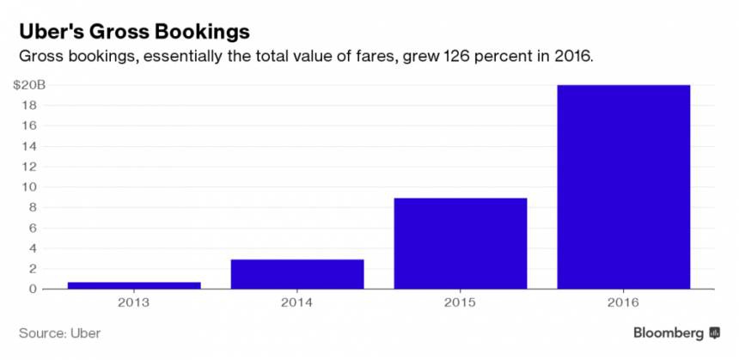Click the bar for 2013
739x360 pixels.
(x=134, y=285)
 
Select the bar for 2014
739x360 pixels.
(x=297, y=274)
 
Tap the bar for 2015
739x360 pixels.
(x=461, y=243)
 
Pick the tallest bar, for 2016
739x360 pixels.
(x=624, y=186)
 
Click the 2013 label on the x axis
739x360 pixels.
(x=134, y=302)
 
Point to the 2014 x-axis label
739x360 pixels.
(x=297, y=302)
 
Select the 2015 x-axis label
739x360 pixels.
(x=461, y=302)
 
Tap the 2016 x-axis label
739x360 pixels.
(x=624, y=302)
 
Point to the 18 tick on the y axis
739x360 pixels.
(x=32, y=106)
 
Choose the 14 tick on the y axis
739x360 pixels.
(x=32, y=146)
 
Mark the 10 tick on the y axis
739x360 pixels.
(x=32, y=187)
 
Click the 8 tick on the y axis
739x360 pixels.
(x=34, y=207)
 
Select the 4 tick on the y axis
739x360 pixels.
(x=34, y=248)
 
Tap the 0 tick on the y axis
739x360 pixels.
(x=34, y=289)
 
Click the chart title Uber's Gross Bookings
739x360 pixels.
(x=135, y=31)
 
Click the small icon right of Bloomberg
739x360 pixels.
(x=715, y=333)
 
